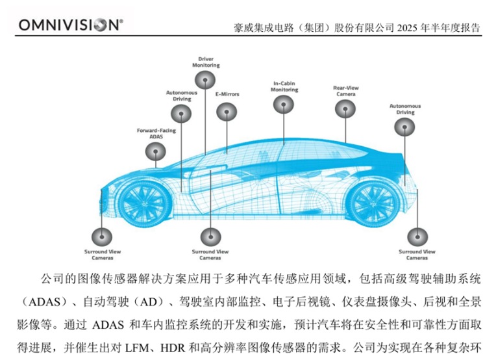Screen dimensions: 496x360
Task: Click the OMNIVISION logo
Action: [71, 25]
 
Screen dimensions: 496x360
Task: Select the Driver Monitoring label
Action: [206, 62]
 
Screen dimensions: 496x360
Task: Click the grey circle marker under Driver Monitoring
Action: [205, 80]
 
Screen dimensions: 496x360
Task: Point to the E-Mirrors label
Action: [227, 94]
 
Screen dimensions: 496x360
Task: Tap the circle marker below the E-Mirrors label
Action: [227, 112]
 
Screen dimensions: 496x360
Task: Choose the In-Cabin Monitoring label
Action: [284, 86]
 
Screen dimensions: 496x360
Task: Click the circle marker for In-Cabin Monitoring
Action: [284, 105]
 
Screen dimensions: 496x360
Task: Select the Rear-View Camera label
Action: [346, 91]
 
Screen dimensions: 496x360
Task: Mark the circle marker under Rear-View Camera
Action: [345, 109]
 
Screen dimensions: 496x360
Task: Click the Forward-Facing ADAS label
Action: [156, 133]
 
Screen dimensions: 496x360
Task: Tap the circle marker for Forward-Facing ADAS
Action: [155, 151]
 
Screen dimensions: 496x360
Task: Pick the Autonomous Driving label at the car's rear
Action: [405, 109]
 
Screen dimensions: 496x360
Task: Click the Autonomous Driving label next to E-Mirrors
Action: [182, 96]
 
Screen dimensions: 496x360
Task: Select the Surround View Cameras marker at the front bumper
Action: [102, 237]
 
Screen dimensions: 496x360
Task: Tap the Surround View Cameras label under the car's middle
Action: [210, 255]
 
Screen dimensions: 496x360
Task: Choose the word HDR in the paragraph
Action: [173, 348]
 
